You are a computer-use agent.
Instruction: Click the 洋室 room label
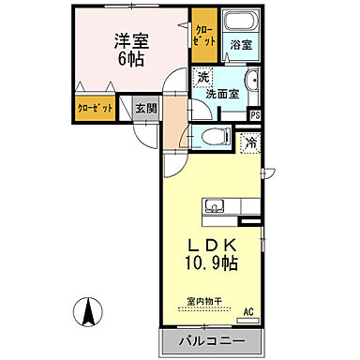[x=133, y=40]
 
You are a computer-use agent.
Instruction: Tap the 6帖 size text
[x=133, y=59]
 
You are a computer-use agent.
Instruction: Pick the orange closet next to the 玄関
[x=94, y=109]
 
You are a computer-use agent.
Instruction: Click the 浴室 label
[x=241, y=45]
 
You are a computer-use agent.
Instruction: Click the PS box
[x=254, y=114]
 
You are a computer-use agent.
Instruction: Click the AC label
[x=248, y=310]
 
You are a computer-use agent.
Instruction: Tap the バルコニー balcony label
[x=207, y=338]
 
